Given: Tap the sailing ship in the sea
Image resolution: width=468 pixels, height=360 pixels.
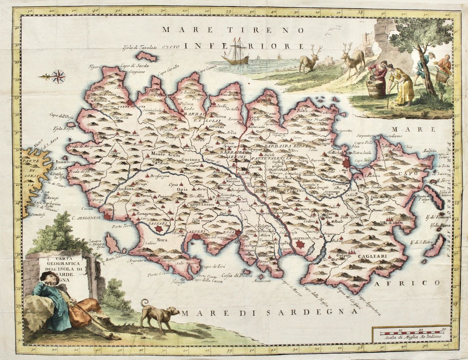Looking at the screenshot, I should click(x=235, y=53).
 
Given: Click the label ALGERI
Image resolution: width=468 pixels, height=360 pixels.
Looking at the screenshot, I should click(x=198, y=232).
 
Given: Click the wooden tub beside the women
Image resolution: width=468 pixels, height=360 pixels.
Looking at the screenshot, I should click(x=376, y=88).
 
